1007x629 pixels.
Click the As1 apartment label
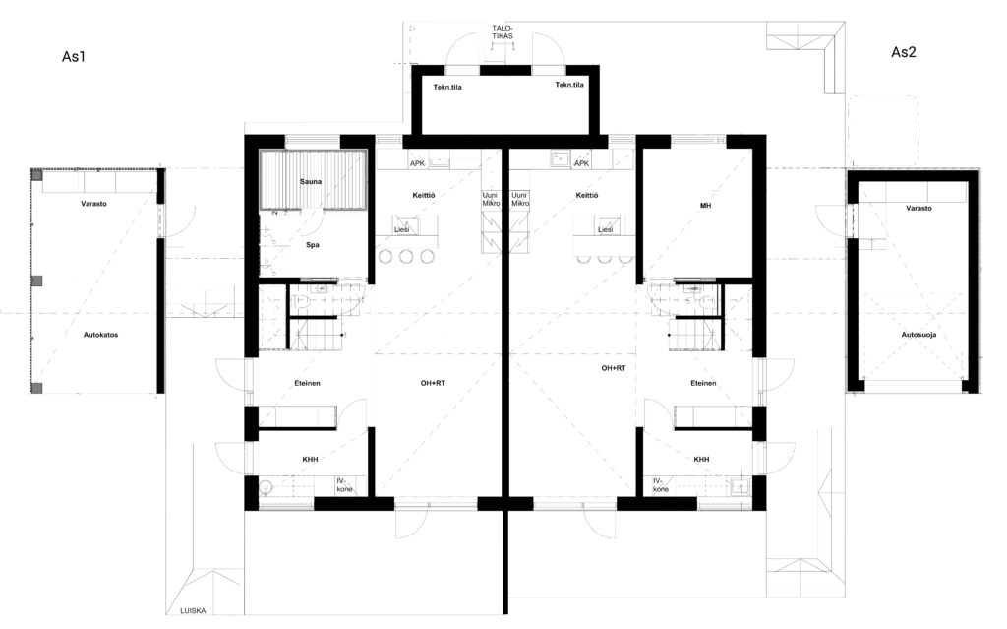74,56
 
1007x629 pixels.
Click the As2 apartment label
903,52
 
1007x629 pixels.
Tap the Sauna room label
311,181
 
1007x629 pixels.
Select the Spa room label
312,244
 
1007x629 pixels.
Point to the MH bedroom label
706,205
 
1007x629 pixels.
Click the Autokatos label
101,335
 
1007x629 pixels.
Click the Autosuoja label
919,335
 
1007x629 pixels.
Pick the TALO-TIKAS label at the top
503,32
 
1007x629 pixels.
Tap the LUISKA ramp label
194,610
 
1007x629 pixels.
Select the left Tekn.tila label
447,87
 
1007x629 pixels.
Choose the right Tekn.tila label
569,85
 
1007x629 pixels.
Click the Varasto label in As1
93,203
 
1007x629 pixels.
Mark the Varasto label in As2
919,208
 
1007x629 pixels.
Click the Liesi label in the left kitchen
401,229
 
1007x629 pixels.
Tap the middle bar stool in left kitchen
406,257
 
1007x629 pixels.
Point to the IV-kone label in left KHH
345,485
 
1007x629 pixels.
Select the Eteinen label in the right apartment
703,383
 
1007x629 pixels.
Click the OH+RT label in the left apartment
433,383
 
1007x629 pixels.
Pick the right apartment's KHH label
702,460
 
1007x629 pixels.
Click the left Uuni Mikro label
492,199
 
